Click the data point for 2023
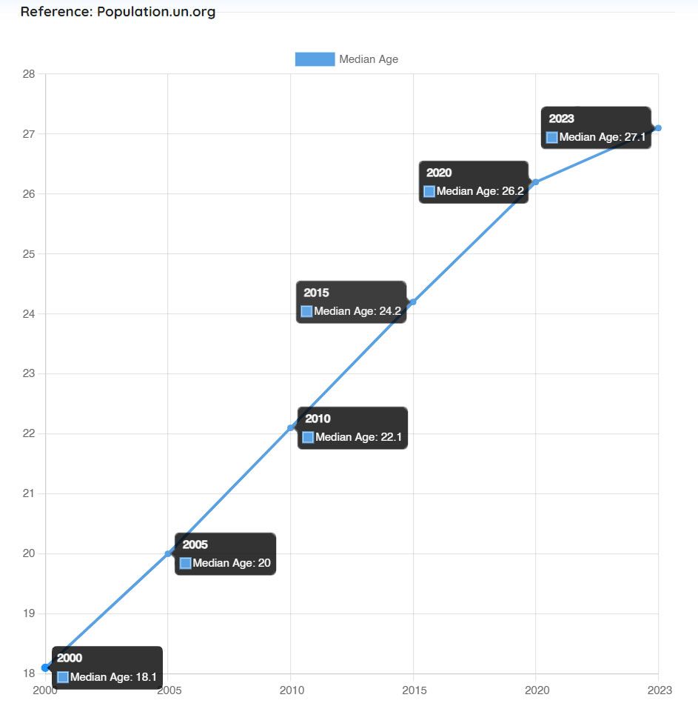point(658,128)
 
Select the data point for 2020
point(535,182)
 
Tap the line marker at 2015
point(412,302)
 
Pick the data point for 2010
point(291,427)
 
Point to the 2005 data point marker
point(168,553)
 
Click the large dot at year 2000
point(46,667)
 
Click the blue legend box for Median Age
point(315,59)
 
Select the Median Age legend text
point(369,59)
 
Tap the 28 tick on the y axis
point(29,74)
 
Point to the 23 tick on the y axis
point(29,373)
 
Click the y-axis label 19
point(29,613)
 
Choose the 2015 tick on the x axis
point(414,690)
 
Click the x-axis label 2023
point(659,690)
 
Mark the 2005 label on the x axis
point(169,690)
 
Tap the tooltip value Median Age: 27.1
point(603,137)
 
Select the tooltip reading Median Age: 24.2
point(358,311)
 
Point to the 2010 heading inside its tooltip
point(318,419)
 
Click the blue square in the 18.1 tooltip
point(63,677)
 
